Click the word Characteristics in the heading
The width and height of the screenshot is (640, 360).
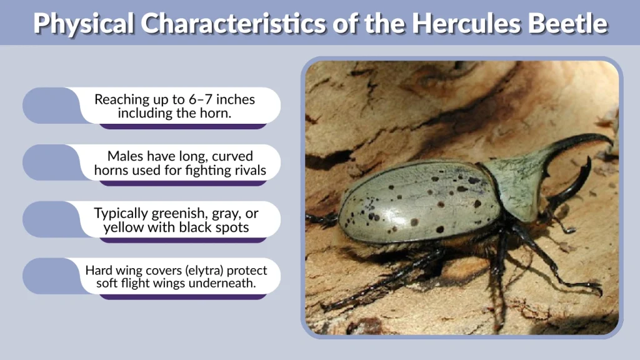point(233,23)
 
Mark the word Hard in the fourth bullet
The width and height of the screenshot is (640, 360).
point(98,270)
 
